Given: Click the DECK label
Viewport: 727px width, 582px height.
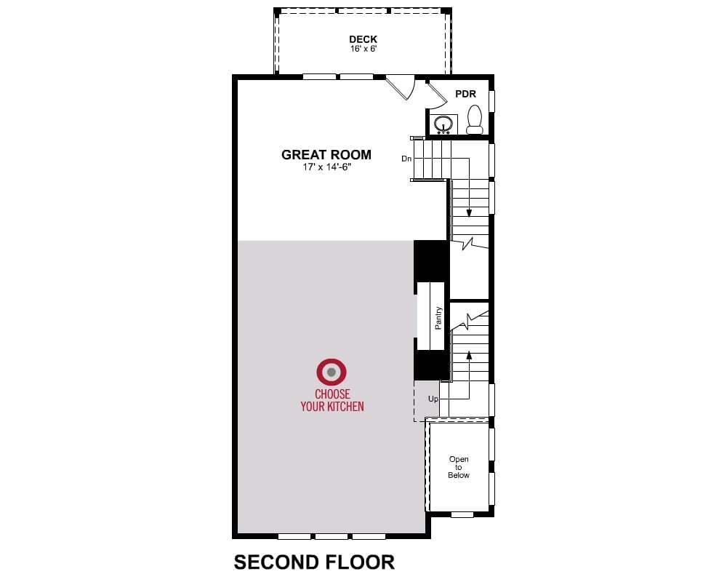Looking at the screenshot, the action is click(x=363, y=39).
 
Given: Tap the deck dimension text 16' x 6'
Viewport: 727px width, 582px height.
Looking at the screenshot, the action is click(x=363, y=49).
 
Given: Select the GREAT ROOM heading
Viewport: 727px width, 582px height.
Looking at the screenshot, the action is click(x=326, y=154).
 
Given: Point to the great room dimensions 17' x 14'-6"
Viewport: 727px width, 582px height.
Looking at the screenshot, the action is click(x=327, y=167).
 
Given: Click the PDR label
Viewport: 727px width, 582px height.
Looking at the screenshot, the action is click(x=465, y=94).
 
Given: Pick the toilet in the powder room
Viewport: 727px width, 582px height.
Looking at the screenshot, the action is click(x=474, y=119).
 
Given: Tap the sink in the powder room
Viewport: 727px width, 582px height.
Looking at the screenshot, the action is click(x=443, y=124).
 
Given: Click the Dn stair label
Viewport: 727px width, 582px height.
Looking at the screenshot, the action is click(x=406, y=159).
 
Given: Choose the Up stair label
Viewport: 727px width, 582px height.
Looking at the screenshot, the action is click(x=433, y=399).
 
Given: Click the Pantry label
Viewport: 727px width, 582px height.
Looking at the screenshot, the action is click(x=438, y=319).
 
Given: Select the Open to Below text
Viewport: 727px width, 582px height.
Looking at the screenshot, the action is click(x=459, y=467).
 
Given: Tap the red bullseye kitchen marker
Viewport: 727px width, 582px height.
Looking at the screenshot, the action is click(x=331, y=372).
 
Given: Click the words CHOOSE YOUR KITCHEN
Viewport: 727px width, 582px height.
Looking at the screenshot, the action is click(x=332, y=401).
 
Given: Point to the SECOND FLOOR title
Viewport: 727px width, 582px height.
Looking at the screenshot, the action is click(x=314, y=562).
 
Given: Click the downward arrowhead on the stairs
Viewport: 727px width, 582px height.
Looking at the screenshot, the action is click(x=469, y=213).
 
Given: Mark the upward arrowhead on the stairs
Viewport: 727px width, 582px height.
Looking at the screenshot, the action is click(x=469, y=356).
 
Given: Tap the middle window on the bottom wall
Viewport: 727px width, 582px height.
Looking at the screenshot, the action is click(x=332, y=536).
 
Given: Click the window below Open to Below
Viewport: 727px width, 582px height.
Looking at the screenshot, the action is click(x=462, y=514).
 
